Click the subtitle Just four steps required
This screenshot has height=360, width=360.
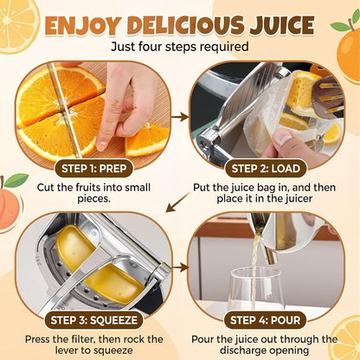click(179, 47)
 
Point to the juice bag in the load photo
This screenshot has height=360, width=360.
click(268, 121)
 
